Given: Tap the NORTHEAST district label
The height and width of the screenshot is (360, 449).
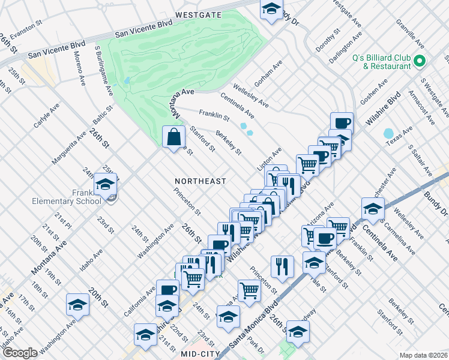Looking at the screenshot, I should pyautogui.click(x=200, y=181).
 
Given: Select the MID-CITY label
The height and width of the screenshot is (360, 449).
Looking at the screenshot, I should pyautogui.click(x=200, y=355).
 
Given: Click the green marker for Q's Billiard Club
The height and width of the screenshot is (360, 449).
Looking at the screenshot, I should pyautogui.click(x=419, y=61).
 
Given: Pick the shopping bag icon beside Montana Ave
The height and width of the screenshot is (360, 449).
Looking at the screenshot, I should pyautogui.click(x=173, y=137).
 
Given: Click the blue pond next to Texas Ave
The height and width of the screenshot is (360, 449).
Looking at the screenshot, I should pyautogui.click(x=389, y=133).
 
